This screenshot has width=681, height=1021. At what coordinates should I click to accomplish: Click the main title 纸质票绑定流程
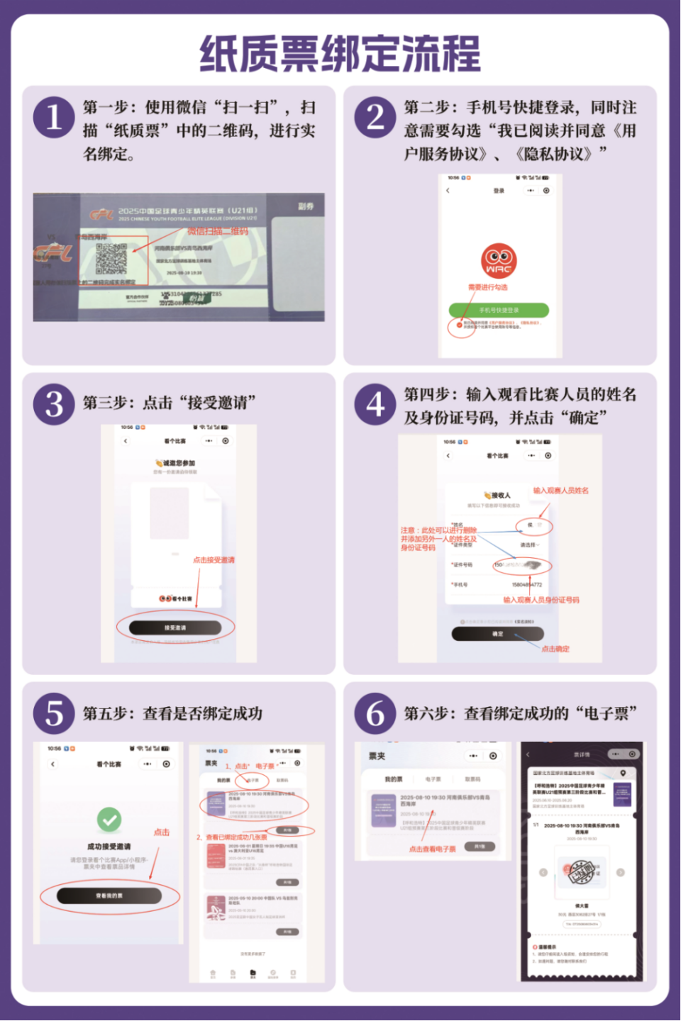coord(340,54)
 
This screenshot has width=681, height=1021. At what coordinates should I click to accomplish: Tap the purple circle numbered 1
coord(54,117)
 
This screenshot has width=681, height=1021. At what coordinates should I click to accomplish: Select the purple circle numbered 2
coord(375,117)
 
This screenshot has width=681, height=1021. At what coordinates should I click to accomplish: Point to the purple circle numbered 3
coord(54,405)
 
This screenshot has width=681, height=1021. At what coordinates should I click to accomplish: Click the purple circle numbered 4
coord(375,405)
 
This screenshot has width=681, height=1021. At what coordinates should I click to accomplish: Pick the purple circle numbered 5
coord(54,713)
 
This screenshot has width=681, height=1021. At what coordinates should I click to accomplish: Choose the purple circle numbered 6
coord(375,713)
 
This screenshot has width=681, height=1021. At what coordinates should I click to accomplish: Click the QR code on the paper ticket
coord(111,259)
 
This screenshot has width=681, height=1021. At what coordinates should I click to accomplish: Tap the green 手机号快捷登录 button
coord(499,310)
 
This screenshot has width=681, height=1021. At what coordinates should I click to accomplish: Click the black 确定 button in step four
coord(497,634)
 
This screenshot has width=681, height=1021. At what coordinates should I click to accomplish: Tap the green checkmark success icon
coord(109,820)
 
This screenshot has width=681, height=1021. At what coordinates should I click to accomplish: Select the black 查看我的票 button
coord(109,896)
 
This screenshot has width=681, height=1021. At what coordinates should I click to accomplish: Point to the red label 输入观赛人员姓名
coord(560,491)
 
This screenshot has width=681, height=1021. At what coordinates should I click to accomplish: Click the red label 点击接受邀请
coord(214,560)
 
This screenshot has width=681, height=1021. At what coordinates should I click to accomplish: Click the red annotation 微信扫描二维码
coord(218,232)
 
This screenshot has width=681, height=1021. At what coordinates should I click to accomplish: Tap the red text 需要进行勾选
coord(487,287)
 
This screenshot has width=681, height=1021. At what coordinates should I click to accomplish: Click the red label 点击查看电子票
coord(432,849)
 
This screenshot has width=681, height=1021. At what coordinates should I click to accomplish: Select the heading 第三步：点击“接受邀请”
coord(169,403)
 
